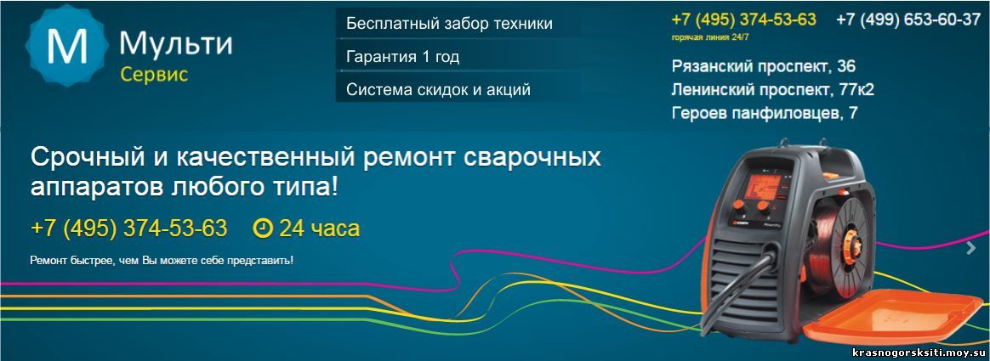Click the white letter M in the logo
[x=66, y=48]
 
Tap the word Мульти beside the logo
[x=175, y=43]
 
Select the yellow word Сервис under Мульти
[x=154, y=75]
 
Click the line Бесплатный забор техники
[x=449, y=24]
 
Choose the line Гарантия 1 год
[x=402, y=57]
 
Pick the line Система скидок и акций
[x=438, y=90]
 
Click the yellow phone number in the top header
[x=743, y=20]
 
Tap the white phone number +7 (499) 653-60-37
[x=907, y=20]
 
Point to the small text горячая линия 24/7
[x=709, y=38]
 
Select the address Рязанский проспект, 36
[x=763, y=67]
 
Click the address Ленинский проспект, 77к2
[x=773, y=90]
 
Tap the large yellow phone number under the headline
[x=128, y=228]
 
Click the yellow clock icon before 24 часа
[x=262, y=228]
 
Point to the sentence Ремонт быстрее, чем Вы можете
[x=162, y=260]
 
